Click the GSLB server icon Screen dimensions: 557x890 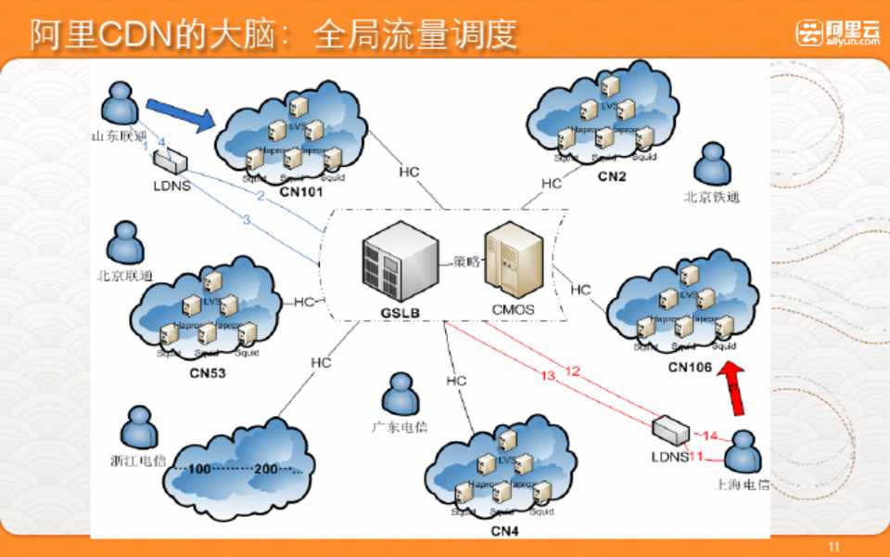coord(400,264)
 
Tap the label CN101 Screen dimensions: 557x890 coord(299,193)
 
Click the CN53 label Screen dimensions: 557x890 coord(208,374)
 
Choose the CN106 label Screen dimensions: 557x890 coord(690,368)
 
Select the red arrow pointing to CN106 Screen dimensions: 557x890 coord(734,388)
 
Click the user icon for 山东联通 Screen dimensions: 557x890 coord(120,104)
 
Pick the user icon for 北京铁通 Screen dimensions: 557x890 coord(712,163)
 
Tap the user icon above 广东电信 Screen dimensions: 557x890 coord(400,394)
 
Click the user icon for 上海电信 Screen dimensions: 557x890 coord(743,452)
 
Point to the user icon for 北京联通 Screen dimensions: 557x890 coord(124,243)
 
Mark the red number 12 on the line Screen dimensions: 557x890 coord(572,371)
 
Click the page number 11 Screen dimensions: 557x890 coord(833,547)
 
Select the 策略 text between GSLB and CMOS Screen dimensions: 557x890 coord(465,262)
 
